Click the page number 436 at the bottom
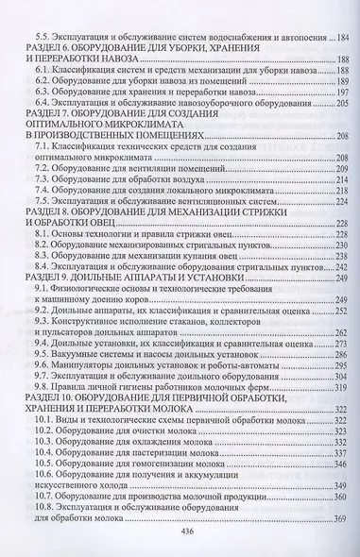pyautogui.click(x=180, y=532)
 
